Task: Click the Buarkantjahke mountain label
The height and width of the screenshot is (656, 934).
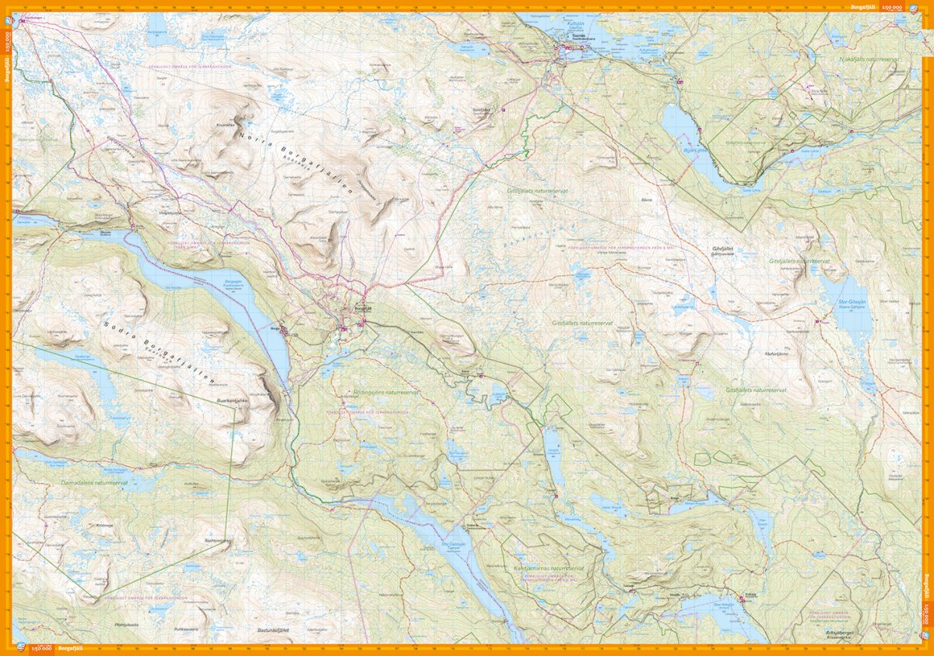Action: point(237,402)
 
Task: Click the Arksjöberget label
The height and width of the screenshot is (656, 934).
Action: point(839,633)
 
